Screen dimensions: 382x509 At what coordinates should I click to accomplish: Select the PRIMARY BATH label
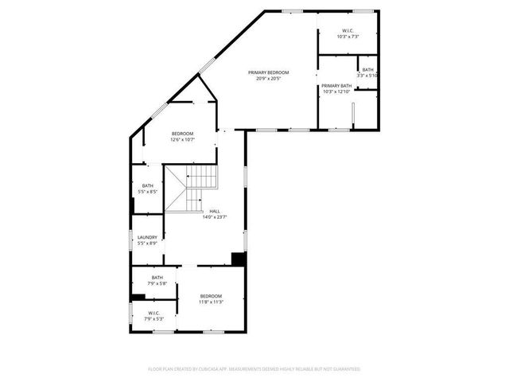point(336,85)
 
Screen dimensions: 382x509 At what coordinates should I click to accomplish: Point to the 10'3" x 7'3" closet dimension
point(348,37)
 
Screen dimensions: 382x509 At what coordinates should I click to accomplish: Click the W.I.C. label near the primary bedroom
point(348,31)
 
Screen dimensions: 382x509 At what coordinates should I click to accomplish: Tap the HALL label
point(215,211)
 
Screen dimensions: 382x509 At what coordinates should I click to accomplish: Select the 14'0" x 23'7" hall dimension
point(215,216)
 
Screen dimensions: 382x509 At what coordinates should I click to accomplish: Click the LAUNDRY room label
point(147,236)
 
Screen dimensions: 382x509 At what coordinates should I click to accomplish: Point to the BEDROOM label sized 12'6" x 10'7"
point(182,134)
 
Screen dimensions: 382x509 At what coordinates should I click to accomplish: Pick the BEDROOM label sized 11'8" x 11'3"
point(211,296)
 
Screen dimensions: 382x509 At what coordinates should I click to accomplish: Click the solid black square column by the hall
point(237,259)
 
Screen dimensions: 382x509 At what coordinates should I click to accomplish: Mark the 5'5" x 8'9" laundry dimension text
point(147,242)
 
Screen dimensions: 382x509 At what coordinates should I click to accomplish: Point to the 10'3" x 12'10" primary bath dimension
point(336,91)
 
